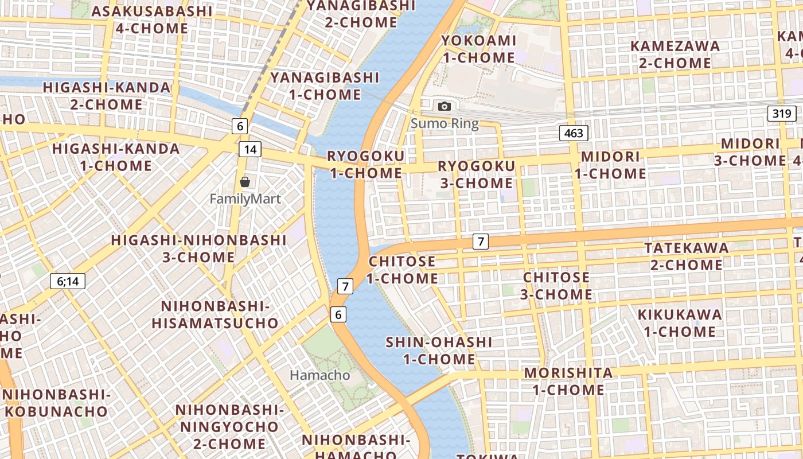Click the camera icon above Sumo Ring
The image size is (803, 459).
pyautogui.click(x=444, y=106)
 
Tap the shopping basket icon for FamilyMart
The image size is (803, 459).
pyautogui.click(x=245, y=182)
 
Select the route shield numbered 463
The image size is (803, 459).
pyautogui.click(x=574, y=134)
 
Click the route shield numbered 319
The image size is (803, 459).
pyautogui.click(x=782, y=113)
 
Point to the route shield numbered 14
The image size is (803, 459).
pyautogui.click(x=250, y=149)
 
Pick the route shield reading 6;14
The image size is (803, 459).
pyautogui.click(x=68, y=281)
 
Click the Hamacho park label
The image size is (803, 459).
pyautogui.click(x=319, y=375)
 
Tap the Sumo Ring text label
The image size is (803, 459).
pyautogui.click(x=445, y=123)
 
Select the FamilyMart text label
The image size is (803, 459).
pyautogui.click(x=245, y=199)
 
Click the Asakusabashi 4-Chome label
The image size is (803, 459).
pyautogui.click(x=151, y=20)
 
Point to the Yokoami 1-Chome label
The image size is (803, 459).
pyautogui.click(x=478, y=49)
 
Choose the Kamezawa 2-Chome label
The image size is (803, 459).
pyautogui.click(x=675, y=54)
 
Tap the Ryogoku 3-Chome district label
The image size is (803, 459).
pyautogui.click(x=476, y=174)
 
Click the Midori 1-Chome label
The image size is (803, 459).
pyautogui.click(x=610, y=165)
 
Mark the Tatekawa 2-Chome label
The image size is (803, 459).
pyautogui.click(x=687, y=256)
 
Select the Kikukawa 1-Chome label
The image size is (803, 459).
pyautogui.click(x=680, y=322)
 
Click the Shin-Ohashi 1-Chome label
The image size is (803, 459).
pyautogui.click(x=439, y=351)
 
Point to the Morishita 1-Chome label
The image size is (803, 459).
pyautogui.click(x=568, y=381)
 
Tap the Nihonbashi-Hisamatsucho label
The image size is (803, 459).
pyautogui.click(x=215, y=314)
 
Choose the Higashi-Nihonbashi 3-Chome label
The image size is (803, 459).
pyautogui.click(x=198, y=248)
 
